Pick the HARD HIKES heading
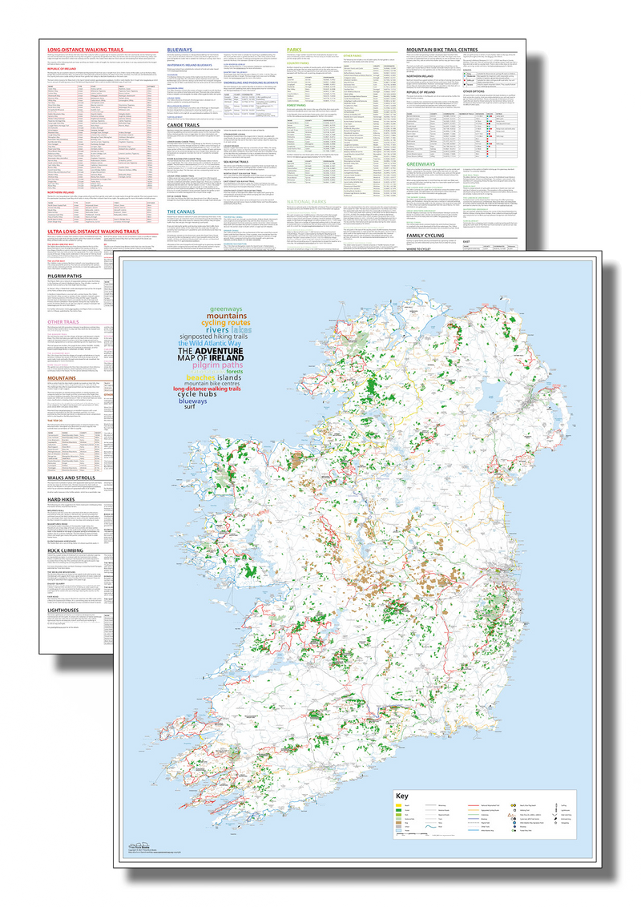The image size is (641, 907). click(55, 498)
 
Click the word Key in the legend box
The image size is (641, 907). click(405, 796)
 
